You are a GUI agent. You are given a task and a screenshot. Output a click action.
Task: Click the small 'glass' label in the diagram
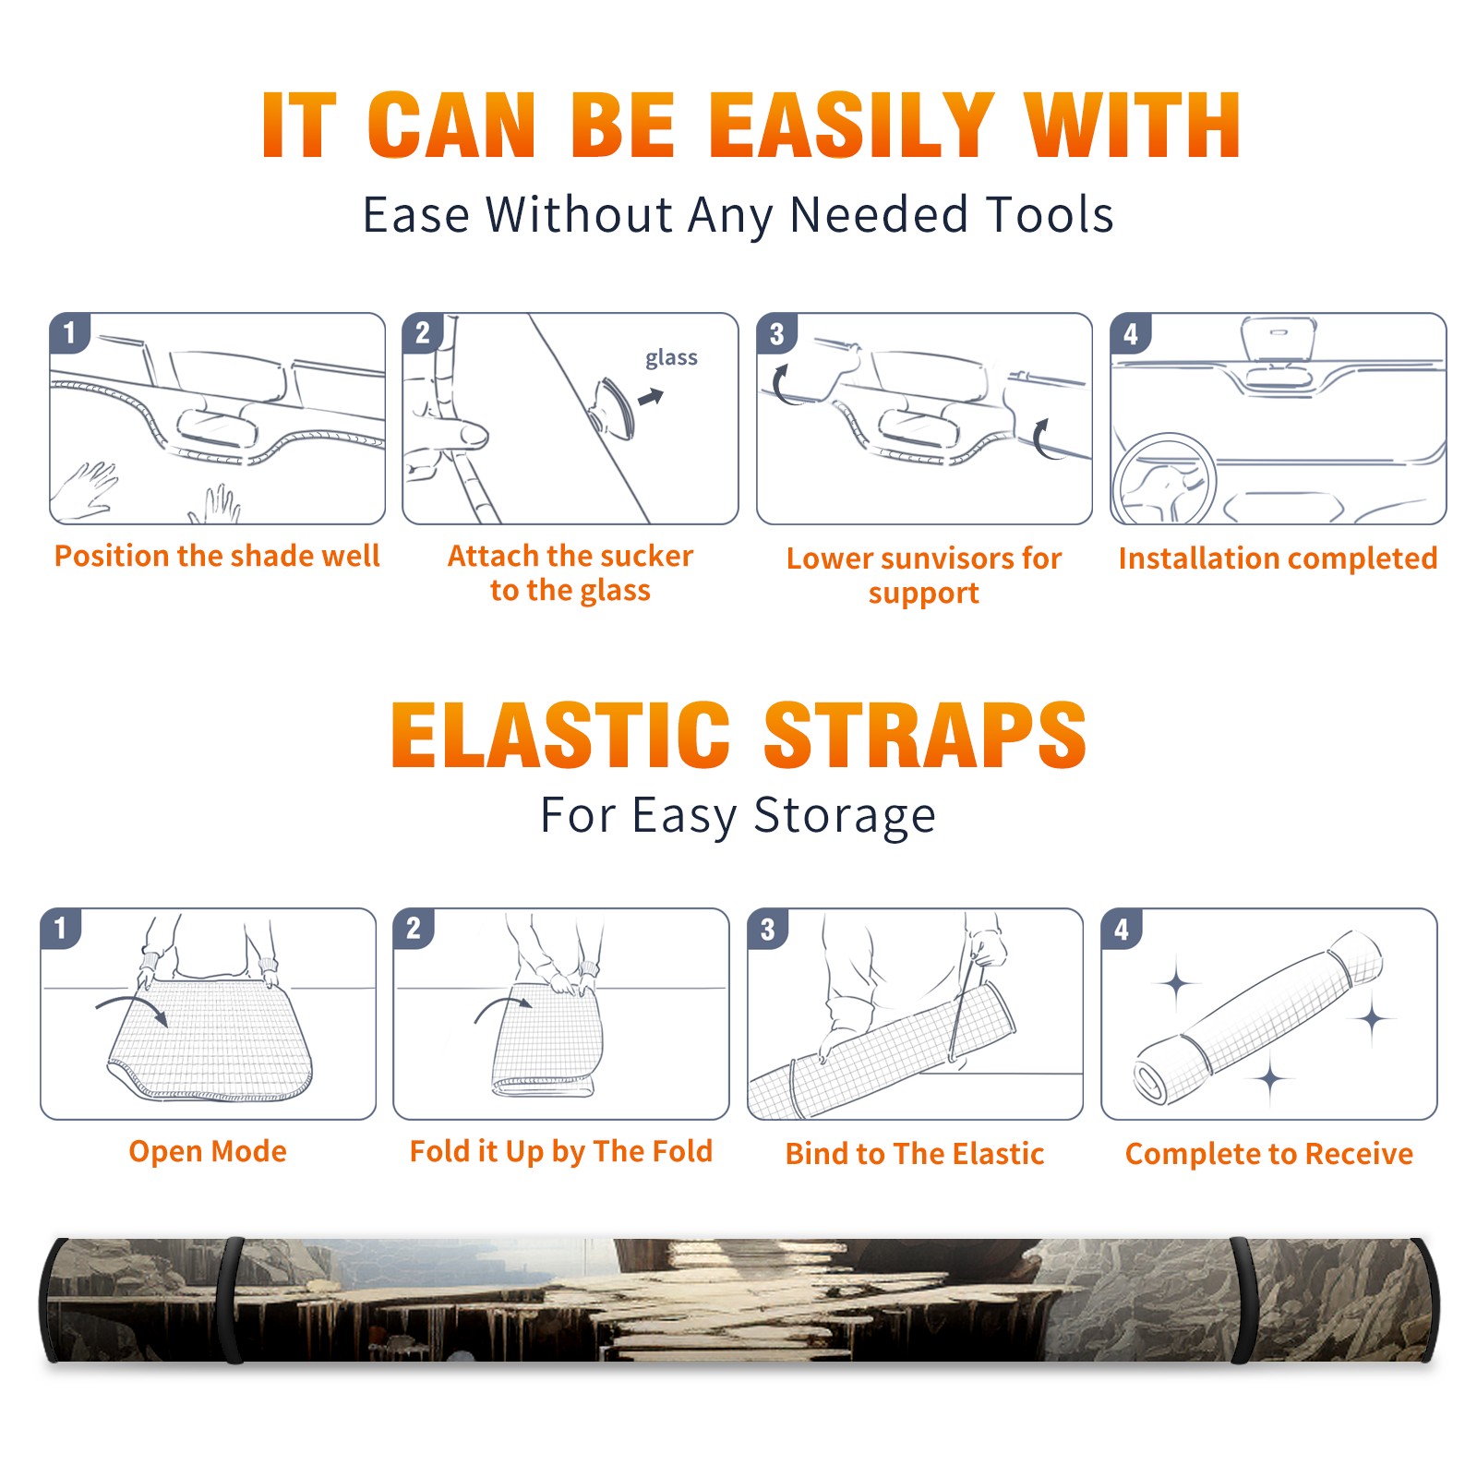click(x=671, y=358)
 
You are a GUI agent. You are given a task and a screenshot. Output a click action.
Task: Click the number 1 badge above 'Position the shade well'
click(x=69, y=332)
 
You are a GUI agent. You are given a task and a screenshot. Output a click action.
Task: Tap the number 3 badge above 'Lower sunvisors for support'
click(x=776, y=332)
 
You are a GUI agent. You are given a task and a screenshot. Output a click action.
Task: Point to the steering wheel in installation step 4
click(x=1163, y=479)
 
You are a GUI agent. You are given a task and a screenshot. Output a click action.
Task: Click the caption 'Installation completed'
click(x=1278, y=558)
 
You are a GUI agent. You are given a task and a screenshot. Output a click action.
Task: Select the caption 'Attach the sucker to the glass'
click(x=570, y=573)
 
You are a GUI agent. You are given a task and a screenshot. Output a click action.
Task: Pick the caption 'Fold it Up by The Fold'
click(x=561, y=1151)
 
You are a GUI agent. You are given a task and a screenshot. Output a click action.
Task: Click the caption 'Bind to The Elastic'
click(x=914, y=1153)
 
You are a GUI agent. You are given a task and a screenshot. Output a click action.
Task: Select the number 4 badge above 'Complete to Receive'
click(x=1122, y=929)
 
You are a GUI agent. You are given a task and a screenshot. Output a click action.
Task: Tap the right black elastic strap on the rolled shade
click(x=1244, y=1301)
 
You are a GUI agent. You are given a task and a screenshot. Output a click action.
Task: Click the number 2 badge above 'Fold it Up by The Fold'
click(x=414, y=929)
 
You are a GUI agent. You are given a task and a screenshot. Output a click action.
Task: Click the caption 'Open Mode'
click(x=208, y=1151)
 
